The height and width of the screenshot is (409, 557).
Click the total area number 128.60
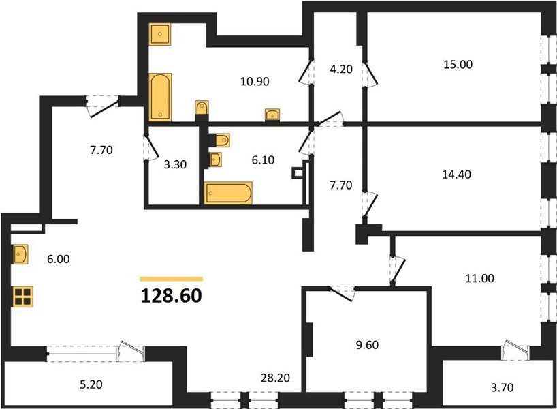pyautogui.click(x=171, y=296)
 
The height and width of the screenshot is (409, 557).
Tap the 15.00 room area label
pyautogui.click(x=458, y=64)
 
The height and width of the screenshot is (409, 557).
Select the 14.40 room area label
pyautogui.click(x=456, y=175)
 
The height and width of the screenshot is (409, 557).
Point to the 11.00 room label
pyautogui.click(x=479, y=278)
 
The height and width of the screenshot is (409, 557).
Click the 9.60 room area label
pyautogui.click(x=367, y=345)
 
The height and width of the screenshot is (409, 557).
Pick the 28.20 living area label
pyautogui.click(x=275, y=378)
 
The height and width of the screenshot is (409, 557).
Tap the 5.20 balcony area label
pyautogui.click(x=91, y=384)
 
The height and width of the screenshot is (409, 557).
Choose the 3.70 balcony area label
pyautogui.click(x=502, y=387)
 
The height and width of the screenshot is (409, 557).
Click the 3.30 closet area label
pyautogui.click(x=175, y=165)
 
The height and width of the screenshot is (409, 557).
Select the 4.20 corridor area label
pyautogui.click(x=341, y=69)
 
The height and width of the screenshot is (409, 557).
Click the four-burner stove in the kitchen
pyautogui.click(x=22, y=297)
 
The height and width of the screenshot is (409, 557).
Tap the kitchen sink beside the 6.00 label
pyautogui.click(x=20, y=254)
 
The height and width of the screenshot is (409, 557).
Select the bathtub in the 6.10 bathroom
pyautogui.click(x=228, y=193)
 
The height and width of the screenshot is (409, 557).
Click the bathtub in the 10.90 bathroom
pyautogui.click(x=160, y=97)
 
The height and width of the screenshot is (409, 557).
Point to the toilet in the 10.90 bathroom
pyautogui.click(x=202, y=108)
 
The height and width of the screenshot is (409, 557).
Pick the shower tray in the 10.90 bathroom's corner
pyautogui.click(x=160, y=34)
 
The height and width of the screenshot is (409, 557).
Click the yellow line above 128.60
pyautogui.click(x=171, y=279)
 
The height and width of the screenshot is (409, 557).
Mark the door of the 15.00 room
pyautogui.click(x=370, y=74)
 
